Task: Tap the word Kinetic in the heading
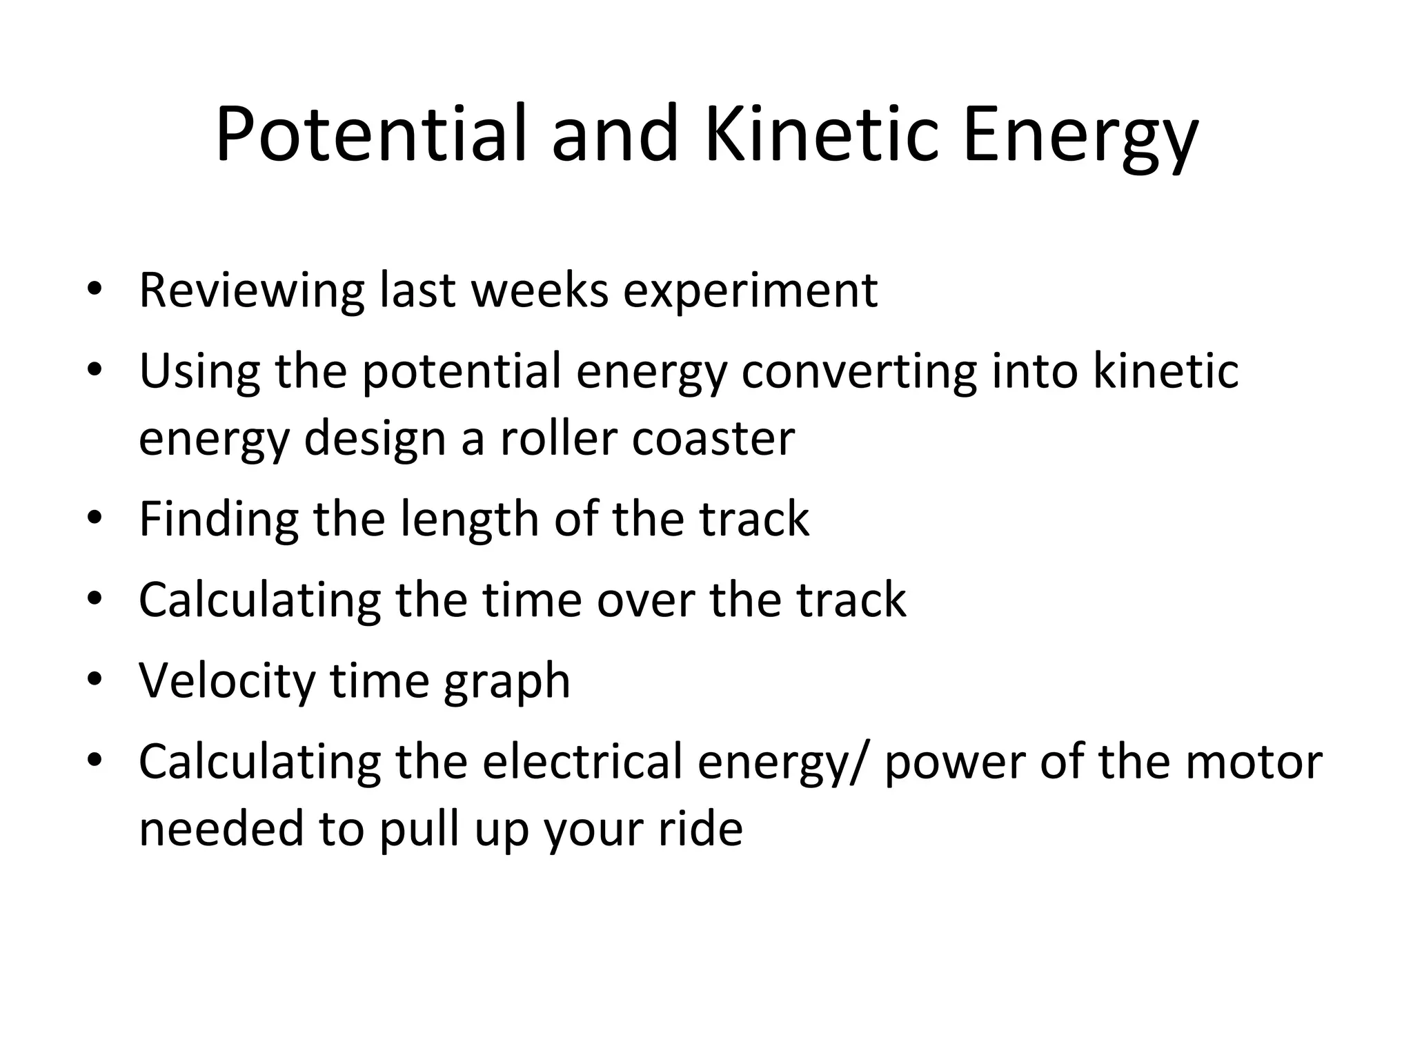click(x=822, y=135)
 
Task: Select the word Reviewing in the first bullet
click(x=251, y=291)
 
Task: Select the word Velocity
click(x=227, y=680)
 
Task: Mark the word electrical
click(x=582, y=761)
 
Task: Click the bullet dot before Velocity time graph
click(x=95, y=680)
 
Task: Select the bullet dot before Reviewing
click(x=95, y=288)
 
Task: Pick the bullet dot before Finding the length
click(x=95, y=518)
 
